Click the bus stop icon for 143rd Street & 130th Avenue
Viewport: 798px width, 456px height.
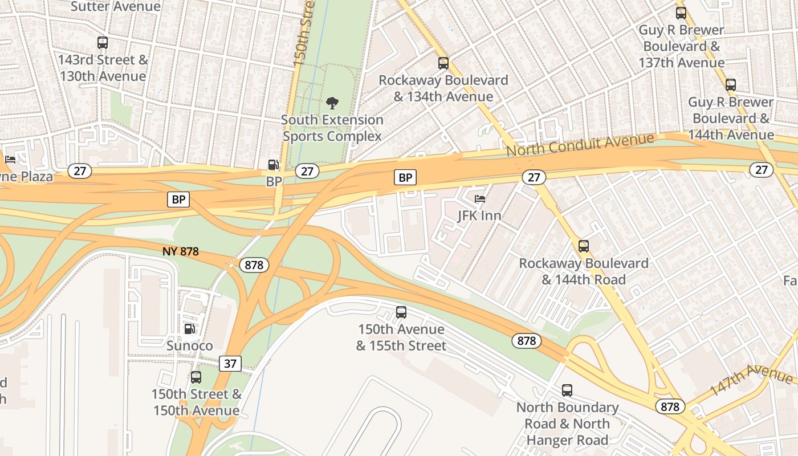click(x=103, y=43)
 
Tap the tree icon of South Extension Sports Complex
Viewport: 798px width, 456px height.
click(x=332, y=103)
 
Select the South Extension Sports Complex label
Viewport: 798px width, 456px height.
click(x=332, y=128)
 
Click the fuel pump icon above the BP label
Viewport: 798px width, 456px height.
click(x=274, y=165)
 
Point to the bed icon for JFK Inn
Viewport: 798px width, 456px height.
click(x=480, y=199)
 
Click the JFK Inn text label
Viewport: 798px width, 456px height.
click(x=479, y=215)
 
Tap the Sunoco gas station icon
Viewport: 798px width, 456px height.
click(x=189, y=329)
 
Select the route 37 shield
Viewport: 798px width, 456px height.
click(x=230, y=363)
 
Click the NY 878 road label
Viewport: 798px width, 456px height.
click(x=180, y=251)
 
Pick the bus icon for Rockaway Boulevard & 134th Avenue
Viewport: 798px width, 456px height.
click(x=443, y=63)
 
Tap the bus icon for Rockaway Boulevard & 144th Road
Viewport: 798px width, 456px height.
click(x=584, y=246)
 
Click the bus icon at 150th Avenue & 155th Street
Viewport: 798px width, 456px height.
click(x=401, y=312)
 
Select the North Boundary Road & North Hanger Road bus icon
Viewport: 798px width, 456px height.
click(x=567, y=390)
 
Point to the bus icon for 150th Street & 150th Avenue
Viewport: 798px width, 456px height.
click(x=196, y=377)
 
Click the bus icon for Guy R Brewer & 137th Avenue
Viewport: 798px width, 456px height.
click(x=681, y=13)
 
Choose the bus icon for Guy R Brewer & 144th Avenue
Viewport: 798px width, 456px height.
click(x=731, y=85)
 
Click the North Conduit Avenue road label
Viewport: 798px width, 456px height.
click(x=580, y=145)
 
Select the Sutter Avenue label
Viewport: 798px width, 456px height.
click(x=116, y=7)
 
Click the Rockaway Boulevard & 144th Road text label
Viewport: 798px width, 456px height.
click(x=584, y=271)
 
